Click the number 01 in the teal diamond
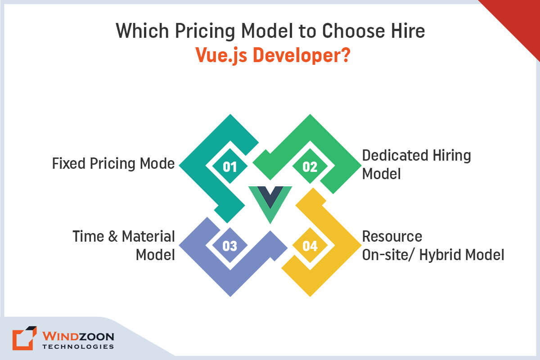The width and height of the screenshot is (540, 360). (230, 166)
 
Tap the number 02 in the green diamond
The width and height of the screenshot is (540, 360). (310, 166)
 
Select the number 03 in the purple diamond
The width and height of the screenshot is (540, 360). (230, 246)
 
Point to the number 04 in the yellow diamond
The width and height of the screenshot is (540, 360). (310, 246)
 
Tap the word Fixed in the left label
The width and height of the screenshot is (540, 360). (69, 163)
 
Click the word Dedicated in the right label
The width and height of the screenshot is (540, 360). (396, 155)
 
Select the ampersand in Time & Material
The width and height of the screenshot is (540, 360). (113, 236)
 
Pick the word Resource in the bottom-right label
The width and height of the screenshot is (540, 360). (392, 236)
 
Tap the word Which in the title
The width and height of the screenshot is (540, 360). (142, 31)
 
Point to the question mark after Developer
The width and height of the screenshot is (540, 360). (346, 55)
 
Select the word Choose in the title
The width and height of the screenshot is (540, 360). (353, 31)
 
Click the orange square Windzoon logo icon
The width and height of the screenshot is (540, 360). (24, 338)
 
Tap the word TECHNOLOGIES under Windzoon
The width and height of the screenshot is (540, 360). (78, 347)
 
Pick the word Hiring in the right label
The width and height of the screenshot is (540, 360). (452, 156)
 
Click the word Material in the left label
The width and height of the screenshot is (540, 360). (148, 236)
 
